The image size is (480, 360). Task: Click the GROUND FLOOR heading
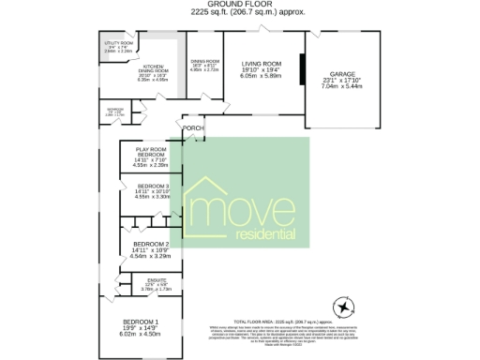239,5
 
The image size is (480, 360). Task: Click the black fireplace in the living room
302,70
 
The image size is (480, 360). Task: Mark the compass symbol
343,308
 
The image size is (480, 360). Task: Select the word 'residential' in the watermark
272,234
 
